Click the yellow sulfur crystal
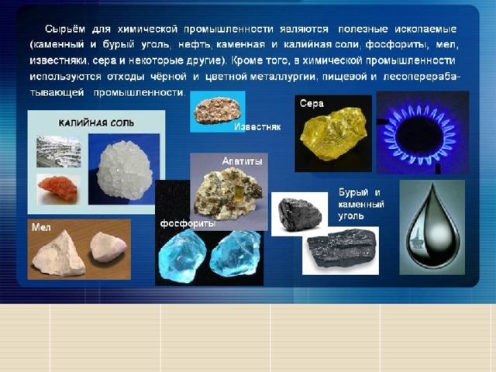[x=333, y=134]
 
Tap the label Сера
[x=312, y=103]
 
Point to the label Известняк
[x=257, y=127]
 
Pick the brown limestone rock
[x=217, y=110]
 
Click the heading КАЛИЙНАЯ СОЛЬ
[x=96, y=123]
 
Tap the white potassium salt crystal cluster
[x=124, y=170]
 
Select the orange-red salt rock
[x=57, y=188]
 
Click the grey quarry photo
[x=59, y=152]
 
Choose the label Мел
[x=41, y=227]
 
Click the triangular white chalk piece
[x=59, y=254]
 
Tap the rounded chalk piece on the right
[x=108, y=247]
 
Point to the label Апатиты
[x=242, y=161]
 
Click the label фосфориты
[x=188, y=224]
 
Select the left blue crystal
[x=182, y=256]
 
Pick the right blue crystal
[x=235, y=253]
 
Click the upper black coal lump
[x=299, y=215]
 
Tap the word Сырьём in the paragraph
[x=65, y=29]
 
